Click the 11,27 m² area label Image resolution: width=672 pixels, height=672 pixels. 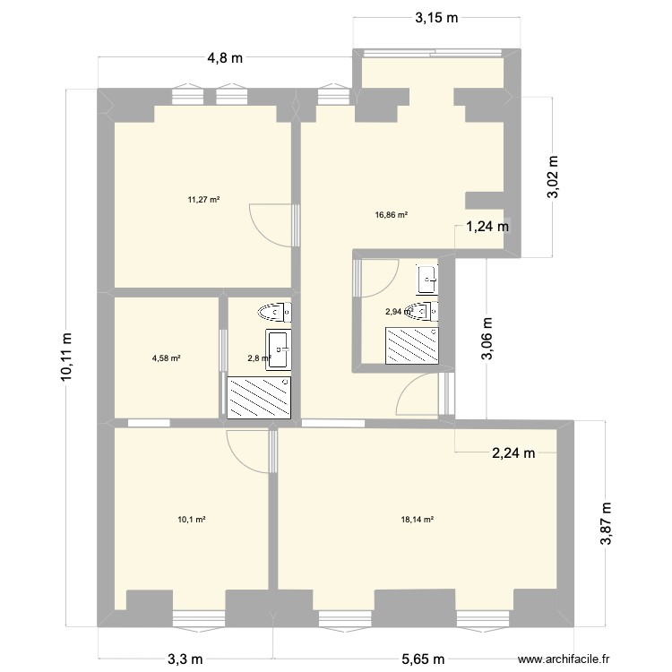click(x=203, y=200)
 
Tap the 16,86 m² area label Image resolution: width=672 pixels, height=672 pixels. click(x=392, y=215)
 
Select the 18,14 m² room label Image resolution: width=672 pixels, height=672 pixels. click(x=418, y=519)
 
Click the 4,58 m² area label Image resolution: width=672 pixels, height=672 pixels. click(x=167, y=358)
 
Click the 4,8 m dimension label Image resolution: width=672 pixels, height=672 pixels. click(x=225, y=59)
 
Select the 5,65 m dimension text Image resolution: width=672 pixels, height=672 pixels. click(x=422, y=659)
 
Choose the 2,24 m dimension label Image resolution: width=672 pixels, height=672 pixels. click(x=513, y=453)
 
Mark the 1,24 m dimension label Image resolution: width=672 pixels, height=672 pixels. click(x=487, y=227)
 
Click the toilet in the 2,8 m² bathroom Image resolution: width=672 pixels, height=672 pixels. click(x=272, y=313)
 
